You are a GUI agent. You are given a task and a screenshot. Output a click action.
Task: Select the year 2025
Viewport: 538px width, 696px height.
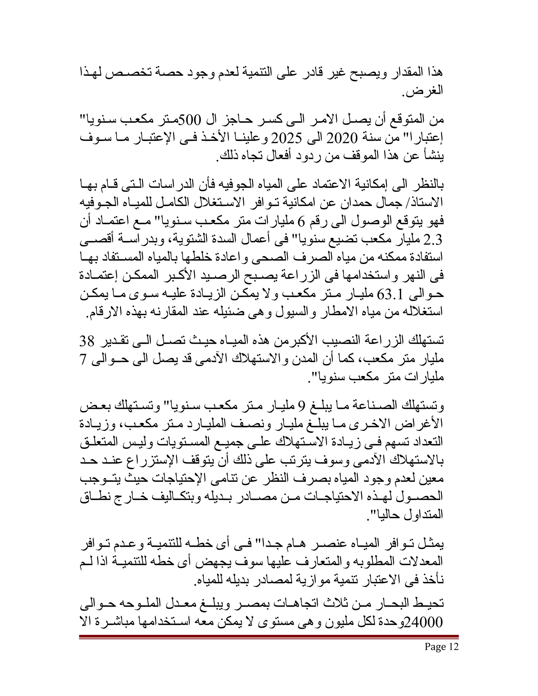point(286,138)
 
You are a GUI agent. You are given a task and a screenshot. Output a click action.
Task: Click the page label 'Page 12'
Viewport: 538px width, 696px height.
point(441,647)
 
